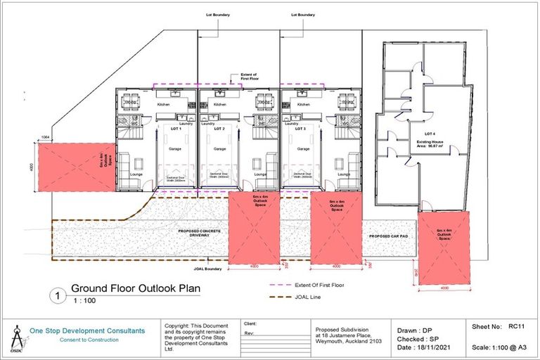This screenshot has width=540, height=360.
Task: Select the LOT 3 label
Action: (300, 129)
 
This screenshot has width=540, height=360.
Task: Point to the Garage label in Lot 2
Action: (219, 149)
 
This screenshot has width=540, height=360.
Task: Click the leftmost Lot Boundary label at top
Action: (219, 14)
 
